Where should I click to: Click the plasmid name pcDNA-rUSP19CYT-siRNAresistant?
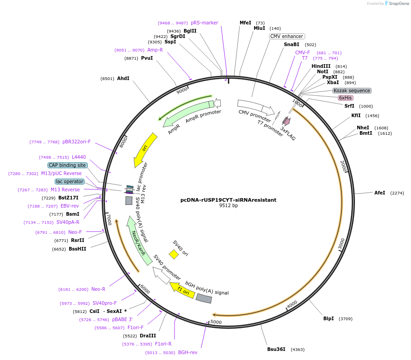[228, 199]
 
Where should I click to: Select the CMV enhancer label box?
[287, 36]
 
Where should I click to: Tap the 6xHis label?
[345, 98]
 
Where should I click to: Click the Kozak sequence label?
[352, 90]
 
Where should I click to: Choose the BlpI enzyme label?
[328, 318]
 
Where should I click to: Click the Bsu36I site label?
[276, 349]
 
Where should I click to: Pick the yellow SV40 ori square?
[174, 254]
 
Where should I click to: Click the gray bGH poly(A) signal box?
[203, 298]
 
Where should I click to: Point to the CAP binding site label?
[67, 165]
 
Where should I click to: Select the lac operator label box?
[69, 181]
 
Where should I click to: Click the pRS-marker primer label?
[204, 23]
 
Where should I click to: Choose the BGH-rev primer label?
[188, 352]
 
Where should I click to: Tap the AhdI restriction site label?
[123, 78]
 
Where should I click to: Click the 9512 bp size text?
[228, 206]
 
